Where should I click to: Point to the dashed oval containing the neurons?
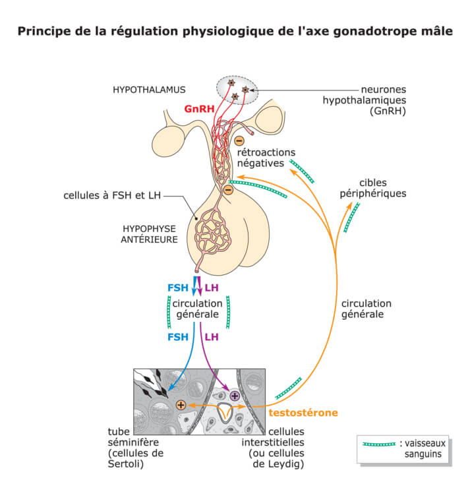(238, 89)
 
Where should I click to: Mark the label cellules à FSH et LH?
(113, 196)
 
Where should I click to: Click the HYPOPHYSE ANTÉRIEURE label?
(150, 233)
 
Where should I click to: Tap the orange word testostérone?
(303, 413)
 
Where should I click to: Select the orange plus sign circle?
(181, 405)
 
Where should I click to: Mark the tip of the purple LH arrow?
(228, 390)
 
